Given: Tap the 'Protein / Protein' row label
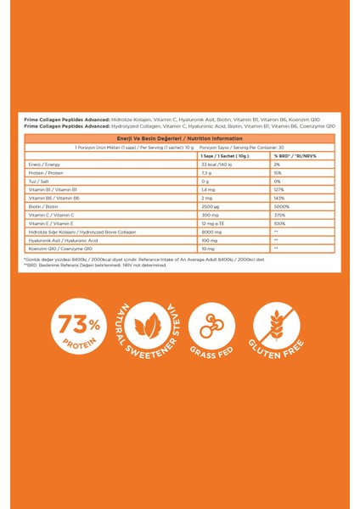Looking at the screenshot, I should pos(42,173).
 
